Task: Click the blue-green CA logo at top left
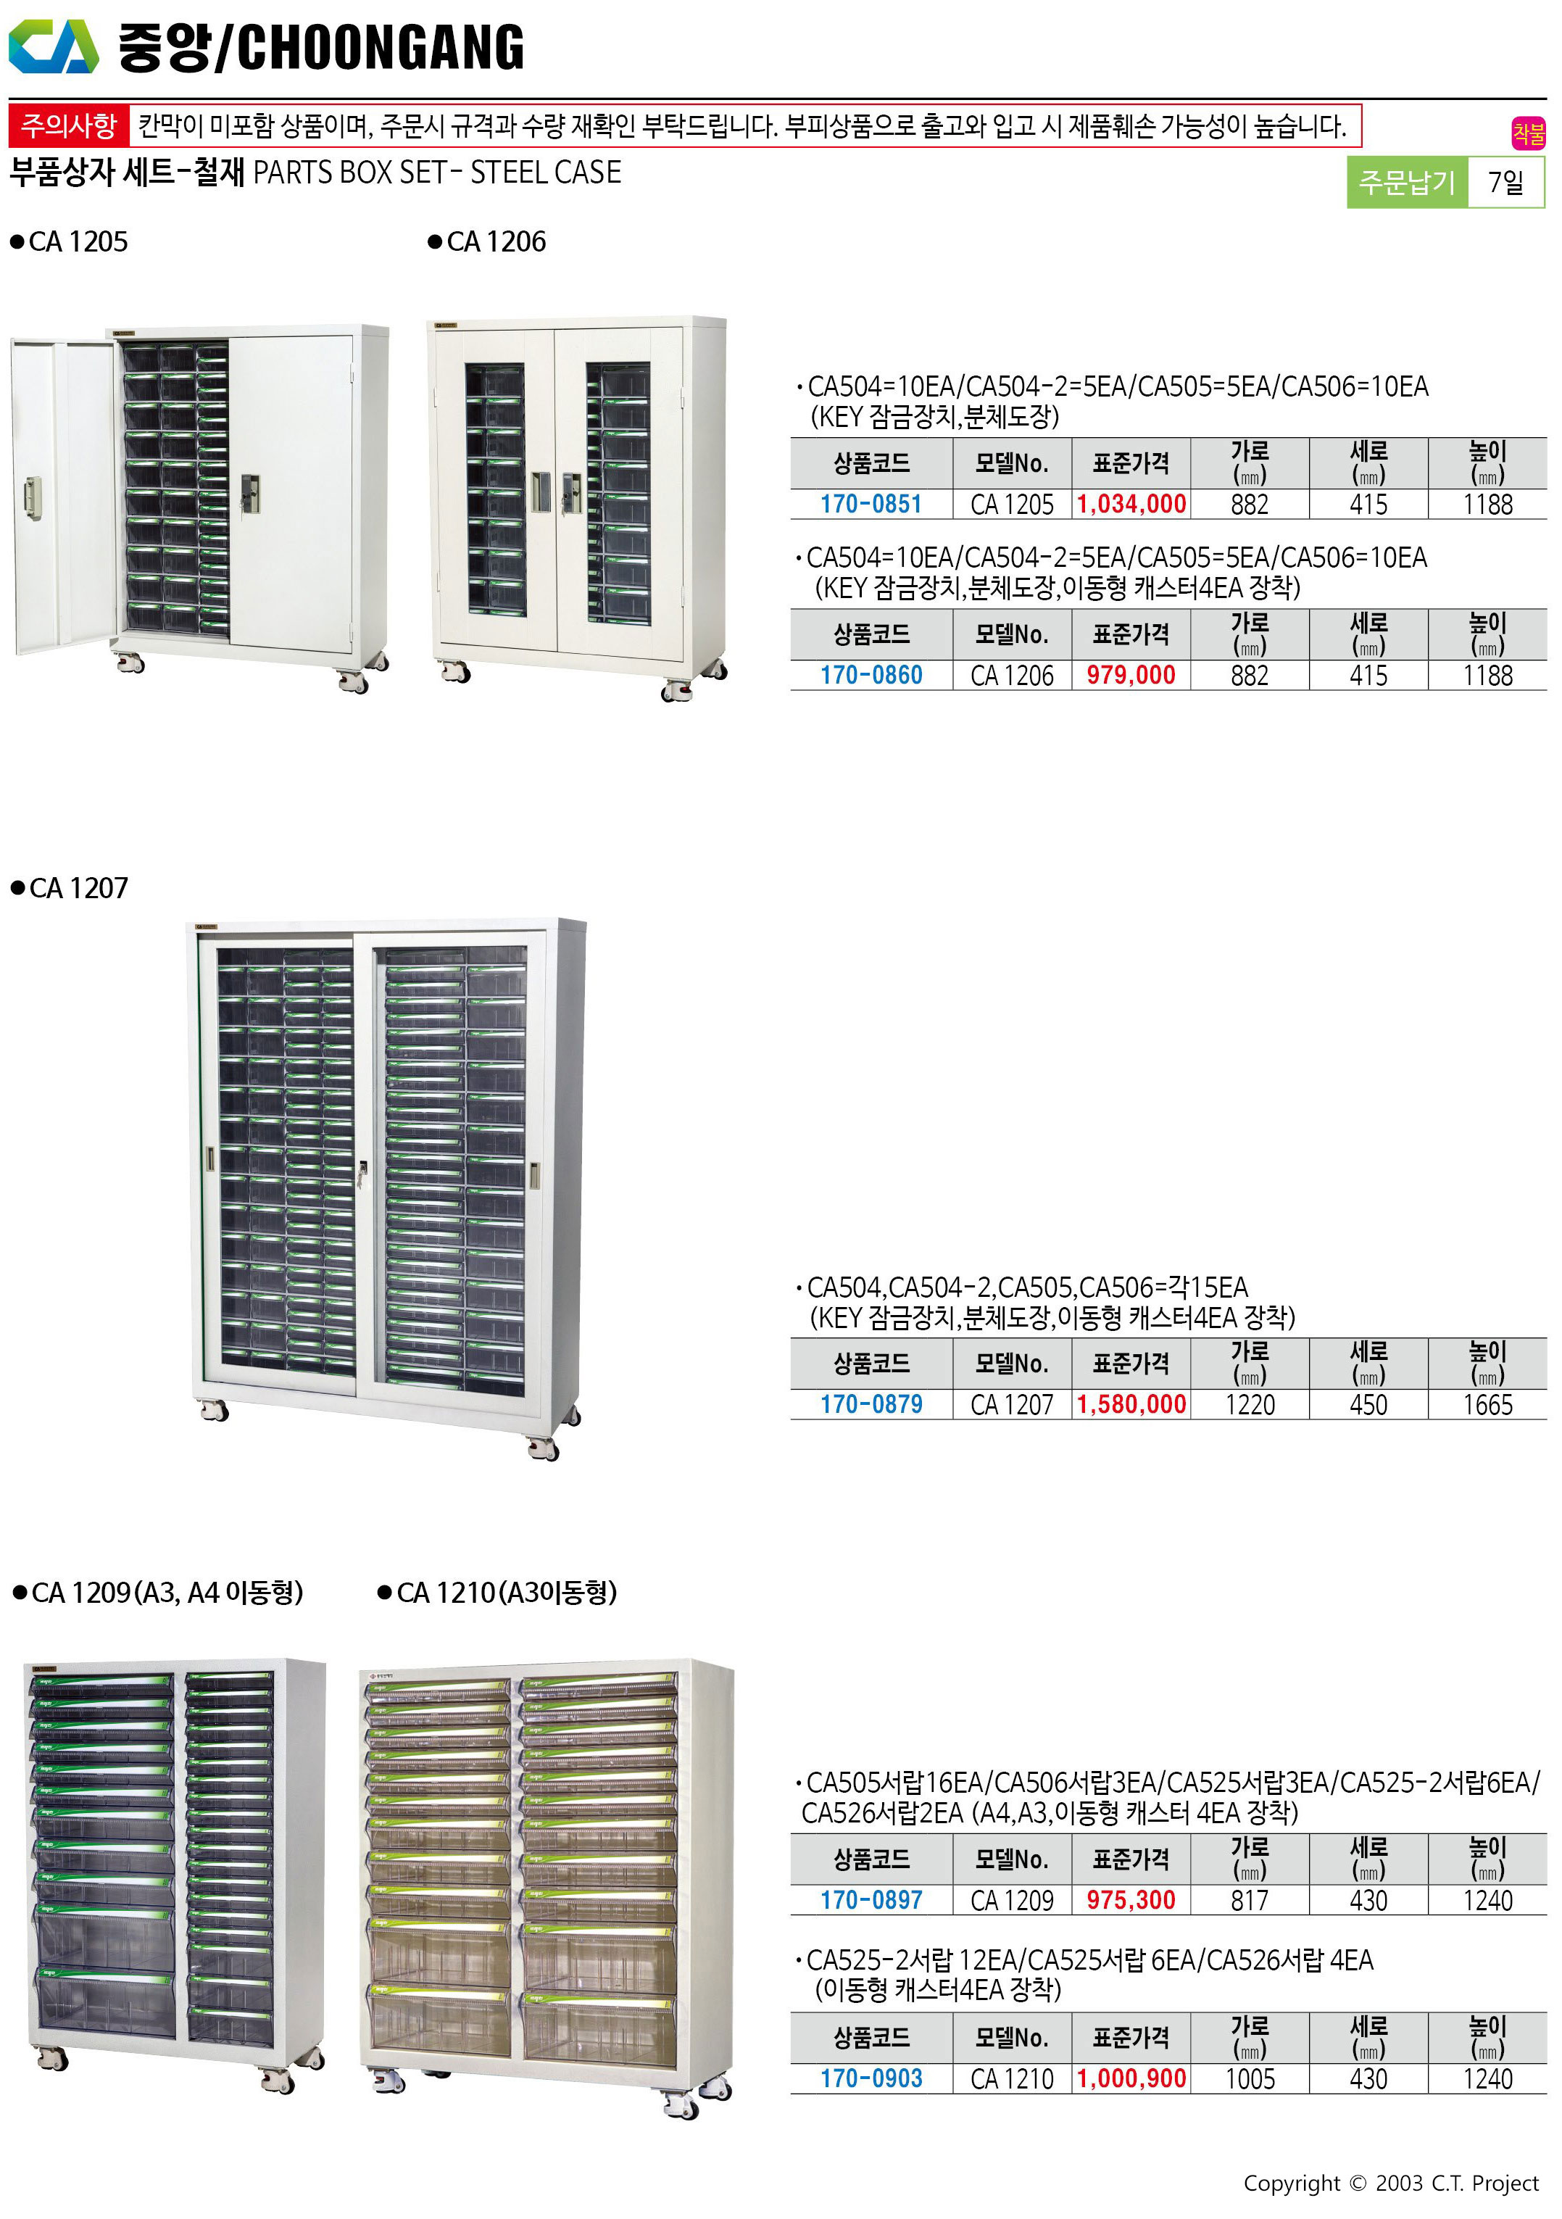(x=53, y=46)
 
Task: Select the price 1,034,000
(x=1131, y=505)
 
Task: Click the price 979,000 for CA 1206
(x=1131, y=676)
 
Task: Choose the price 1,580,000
(x=1131, y=1405)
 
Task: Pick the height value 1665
(x=1487, y=1405)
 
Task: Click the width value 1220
(x=1250, y=1405)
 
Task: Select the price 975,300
(x=1131, y=1901)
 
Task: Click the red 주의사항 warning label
(x=69, y=125)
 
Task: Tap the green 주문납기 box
(x=1406, y=182)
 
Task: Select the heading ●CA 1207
(x=69, y=888)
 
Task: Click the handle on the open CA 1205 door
(x=33, y=497)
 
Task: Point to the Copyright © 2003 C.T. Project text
(x=1390, y=2183)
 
